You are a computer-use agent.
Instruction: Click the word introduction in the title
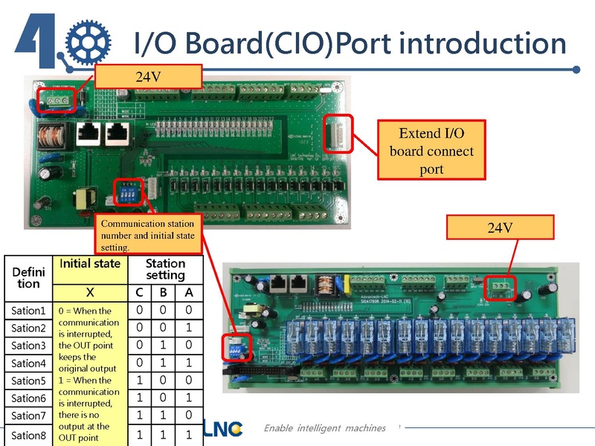click(483, 43)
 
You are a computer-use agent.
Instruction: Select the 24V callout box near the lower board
click(501, 227)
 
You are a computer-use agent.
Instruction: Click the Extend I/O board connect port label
click(431, 151)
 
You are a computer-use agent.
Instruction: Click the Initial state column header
click(90, 264)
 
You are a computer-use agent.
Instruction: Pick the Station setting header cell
click(165, 269)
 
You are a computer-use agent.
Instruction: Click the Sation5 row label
click(28, 381)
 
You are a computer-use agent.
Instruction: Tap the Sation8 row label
click(28, 435)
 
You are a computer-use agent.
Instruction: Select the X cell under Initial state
click(90, 291)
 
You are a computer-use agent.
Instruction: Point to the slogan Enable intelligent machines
click(325, 428)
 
